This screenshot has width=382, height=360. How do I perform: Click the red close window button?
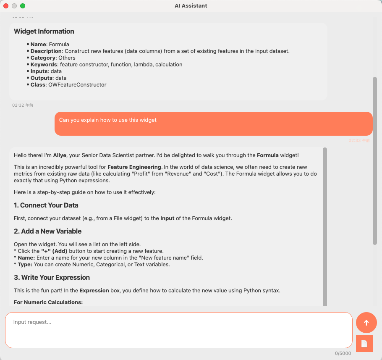click(x=6, y=6)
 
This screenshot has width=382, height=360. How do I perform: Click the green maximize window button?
click(x=23, y=6)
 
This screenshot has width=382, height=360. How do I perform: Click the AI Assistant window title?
click(x=191, y=6)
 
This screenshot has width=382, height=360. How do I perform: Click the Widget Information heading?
click(x=44, y=32)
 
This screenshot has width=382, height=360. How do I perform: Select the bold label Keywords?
click(x=44, y=65)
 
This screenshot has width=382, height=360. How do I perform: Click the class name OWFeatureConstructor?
click(x=83, y=85)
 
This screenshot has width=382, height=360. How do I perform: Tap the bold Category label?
click(x=43, y=58)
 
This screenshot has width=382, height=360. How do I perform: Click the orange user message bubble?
click(x=213, y=124)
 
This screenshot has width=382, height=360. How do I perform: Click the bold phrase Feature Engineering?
click(x=134, y=167)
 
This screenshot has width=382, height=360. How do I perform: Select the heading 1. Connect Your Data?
click(x=46, y=205)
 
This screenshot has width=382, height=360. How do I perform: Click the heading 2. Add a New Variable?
click(x=47, y=231)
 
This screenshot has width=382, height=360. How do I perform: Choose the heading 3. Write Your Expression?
click(x=52, y=278)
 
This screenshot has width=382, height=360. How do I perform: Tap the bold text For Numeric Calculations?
click(x=48, y=302)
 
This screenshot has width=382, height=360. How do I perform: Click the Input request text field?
click(x=178, y=330)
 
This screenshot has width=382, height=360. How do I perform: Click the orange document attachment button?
click(x=364, y=344)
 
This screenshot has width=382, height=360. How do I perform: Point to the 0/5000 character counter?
click(x=343, y=354)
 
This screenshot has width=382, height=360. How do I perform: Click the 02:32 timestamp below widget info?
click(x=23, y=105)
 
